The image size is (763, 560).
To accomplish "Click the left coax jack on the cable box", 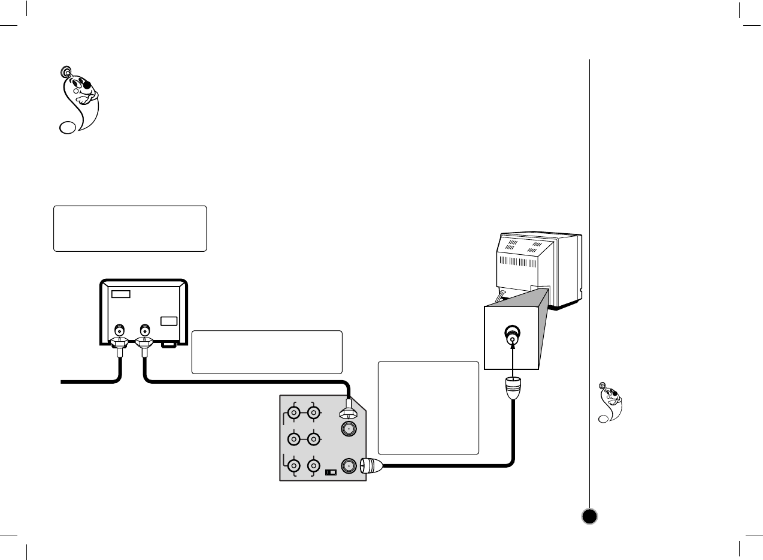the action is click(120, 330).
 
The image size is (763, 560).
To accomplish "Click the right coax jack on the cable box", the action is click(144, 330).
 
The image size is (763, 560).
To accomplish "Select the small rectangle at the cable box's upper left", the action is click(120, 294).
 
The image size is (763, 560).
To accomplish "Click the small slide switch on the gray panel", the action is click(331, 472).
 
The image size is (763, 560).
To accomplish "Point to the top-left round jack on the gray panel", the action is click(294, 413).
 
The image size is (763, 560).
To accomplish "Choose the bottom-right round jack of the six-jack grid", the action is click(312, 466).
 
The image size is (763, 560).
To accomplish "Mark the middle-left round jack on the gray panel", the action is click(294, 439).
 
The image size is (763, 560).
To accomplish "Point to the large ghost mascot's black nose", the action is click(87, 85).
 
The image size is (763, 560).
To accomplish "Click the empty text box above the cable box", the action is click(130, 228).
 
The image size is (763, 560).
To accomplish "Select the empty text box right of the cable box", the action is click(267, 352).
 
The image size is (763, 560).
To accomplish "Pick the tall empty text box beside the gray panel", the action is click(428, 407).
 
